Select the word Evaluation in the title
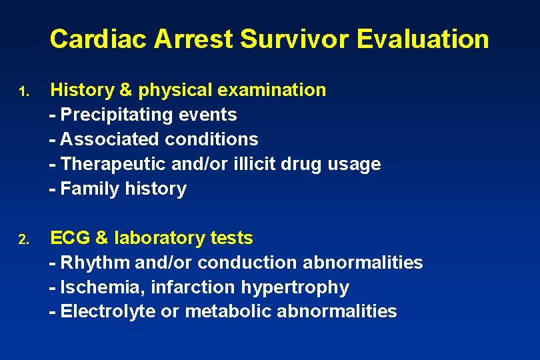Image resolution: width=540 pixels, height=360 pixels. (x=423, y=39)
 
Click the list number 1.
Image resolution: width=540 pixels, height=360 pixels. (x=23, y=91)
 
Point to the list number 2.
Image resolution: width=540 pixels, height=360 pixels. (x=23, y=239)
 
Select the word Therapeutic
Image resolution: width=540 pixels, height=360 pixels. (x=112, y=164)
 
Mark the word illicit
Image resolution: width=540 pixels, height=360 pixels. (x=256, y=164)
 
